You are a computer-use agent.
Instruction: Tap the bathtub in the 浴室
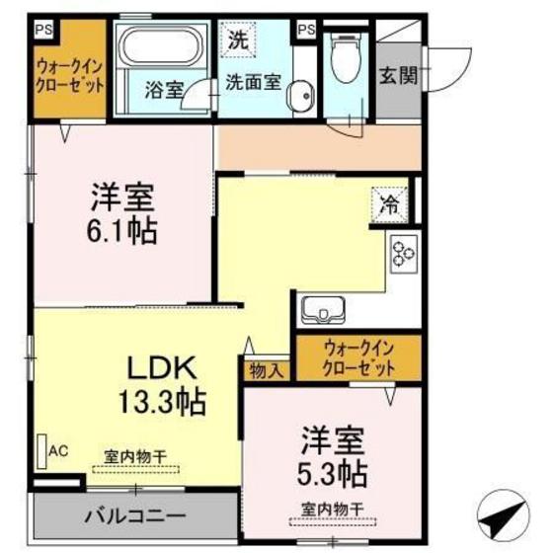tap(160, 49)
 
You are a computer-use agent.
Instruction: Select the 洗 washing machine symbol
tap(237, 40)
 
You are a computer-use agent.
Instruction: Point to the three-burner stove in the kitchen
tap(403, 254)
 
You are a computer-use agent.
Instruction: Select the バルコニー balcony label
tap(133, 515)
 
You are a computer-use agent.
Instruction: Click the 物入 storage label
tap(266, 371)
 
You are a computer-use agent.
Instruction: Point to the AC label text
tap(57, 451)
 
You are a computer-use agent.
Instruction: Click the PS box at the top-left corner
tap(42, 29)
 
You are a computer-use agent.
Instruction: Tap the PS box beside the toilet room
tap(305, 29)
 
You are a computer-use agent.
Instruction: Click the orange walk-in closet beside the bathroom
tap(70, 77)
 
